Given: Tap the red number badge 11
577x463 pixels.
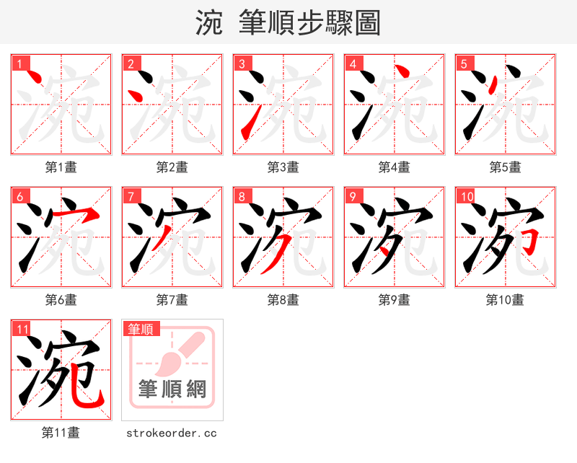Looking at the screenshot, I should tap(22, 330).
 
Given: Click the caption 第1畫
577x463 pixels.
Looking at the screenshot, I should tap(61, 167).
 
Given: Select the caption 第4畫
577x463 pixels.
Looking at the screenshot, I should tap(395, 167).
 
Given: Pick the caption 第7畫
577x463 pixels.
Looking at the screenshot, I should tap(172, 300).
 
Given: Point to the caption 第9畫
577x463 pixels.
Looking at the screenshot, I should tap(395, 300).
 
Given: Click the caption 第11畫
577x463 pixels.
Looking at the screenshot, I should tap(61, 433).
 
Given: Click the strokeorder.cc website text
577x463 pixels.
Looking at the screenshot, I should tap(172, 433).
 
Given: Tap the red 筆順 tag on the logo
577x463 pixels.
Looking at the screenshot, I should tap(140, 330).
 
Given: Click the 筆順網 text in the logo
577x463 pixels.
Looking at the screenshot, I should tap(172, 389).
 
